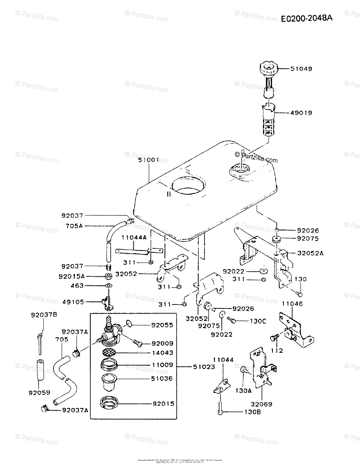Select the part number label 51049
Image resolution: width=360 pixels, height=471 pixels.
pos(301,69)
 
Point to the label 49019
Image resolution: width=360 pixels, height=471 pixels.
pos(301,113)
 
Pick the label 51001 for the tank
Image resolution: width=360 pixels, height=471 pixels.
pos(148,160)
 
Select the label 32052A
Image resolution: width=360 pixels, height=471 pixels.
pos(310,253)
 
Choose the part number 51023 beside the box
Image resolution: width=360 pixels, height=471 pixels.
pos(204,367)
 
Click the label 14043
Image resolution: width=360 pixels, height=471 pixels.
pos(162,353)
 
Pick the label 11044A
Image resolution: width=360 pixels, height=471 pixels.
pos(133,237)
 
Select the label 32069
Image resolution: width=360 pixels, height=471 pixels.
pos(262,403)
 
